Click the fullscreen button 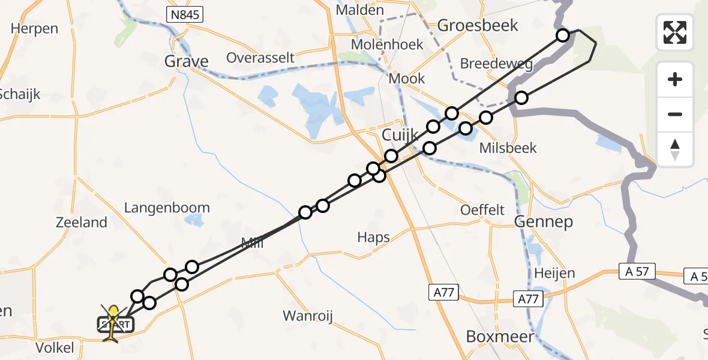(x=675, y=32)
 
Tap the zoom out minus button (x=675, y=114)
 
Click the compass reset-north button (x=675, y=149)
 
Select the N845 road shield (x=187, y=14)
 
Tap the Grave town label (x=187, y=61)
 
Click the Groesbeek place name (x=478, y=25)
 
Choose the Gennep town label (x=544, y=222)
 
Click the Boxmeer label (x=500, y=337)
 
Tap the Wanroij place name (x=308, y=316)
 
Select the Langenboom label (x=167, y=208)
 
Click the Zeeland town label (x=81, y=223)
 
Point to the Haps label (x=373, y=238)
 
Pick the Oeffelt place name (x=482, y=210)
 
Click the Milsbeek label (x=508, y=148)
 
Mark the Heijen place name (x=554, y=274)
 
